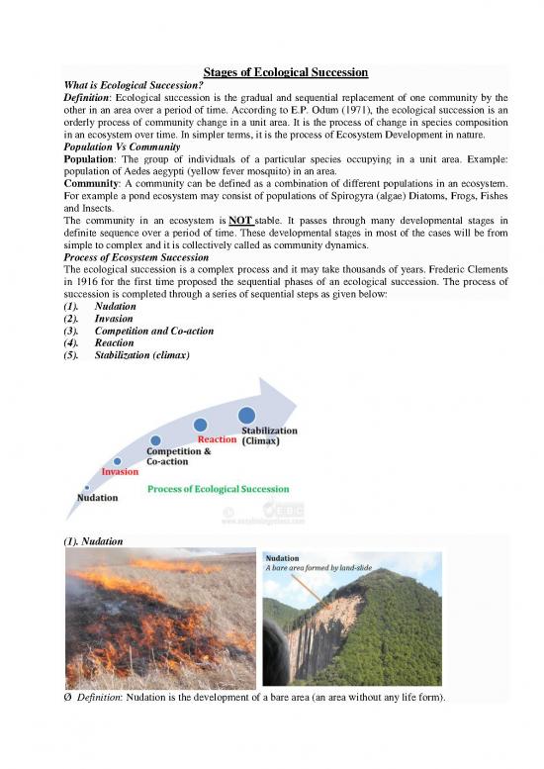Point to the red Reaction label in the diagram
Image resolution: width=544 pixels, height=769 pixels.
(217, 438)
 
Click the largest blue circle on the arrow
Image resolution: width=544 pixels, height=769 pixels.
(246, 415)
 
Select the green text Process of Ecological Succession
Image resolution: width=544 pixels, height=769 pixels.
(219, 489)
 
